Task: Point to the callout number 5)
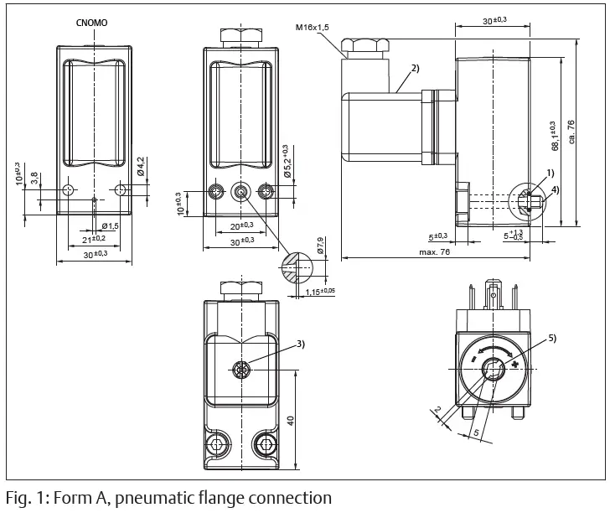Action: pyautogui.click(x=551, y=338)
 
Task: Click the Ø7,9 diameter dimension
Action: pyautogui.click(x=319, y=247)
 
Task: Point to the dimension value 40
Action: pyautogui.click(x=290, y=421)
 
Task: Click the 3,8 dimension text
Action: pyautogui.click(x=34, y=177)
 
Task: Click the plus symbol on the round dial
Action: pyautogui.click(x=514, y=365)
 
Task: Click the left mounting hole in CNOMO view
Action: pyautogui.click(x=68, y=191)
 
